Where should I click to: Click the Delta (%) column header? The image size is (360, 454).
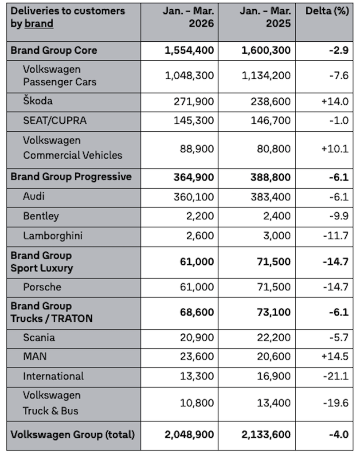tap(327, 11)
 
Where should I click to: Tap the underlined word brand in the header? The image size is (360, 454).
tap(39, 23)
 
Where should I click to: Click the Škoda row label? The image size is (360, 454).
tap(38, 101)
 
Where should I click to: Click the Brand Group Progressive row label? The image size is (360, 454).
tap(71, 176)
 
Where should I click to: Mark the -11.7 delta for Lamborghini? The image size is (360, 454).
tap(336, 236)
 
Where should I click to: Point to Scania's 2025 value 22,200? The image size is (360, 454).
tap(275, 338)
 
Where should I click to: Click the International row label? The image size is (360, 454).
tap(53, 376)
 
